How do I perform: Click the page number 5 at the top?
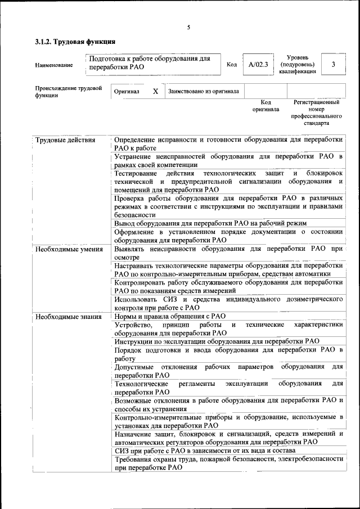coord(188,28)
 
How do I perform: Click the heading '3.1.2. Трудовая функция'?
coord(75,42)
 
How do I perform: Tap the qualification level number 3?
coord(334,65)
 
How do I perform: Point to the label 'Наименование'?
coord(54,65)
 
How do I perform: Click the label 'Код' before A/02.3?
coord(231,65)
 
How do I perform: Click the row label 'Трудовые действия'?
coord(65,140)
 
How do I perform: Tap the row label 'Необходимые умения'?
coord(69,249)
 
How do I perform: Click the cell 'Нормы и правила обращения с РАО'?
coord(169,316)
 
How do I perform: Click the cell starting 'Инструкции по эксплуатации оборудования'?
coord(217,341)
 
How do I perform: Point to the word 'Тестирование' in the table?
coord(136,173)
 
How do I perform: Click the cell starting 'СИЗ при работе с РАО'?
coord(213,450)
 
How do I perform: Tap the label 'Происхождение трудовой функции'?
coord(67,92)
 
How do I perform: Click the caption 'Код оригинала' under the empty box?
coord(265,106)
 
